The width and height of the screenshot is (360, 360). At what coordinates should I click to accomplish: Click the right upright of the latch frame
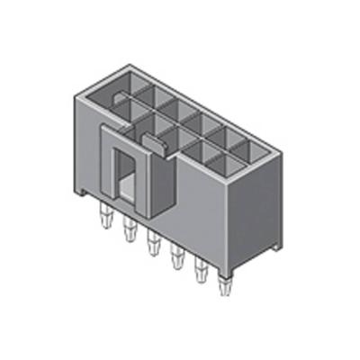click(141, 184)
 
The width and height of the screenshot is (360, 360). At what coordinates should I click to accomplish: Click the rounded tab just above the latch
click(153, 139)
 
